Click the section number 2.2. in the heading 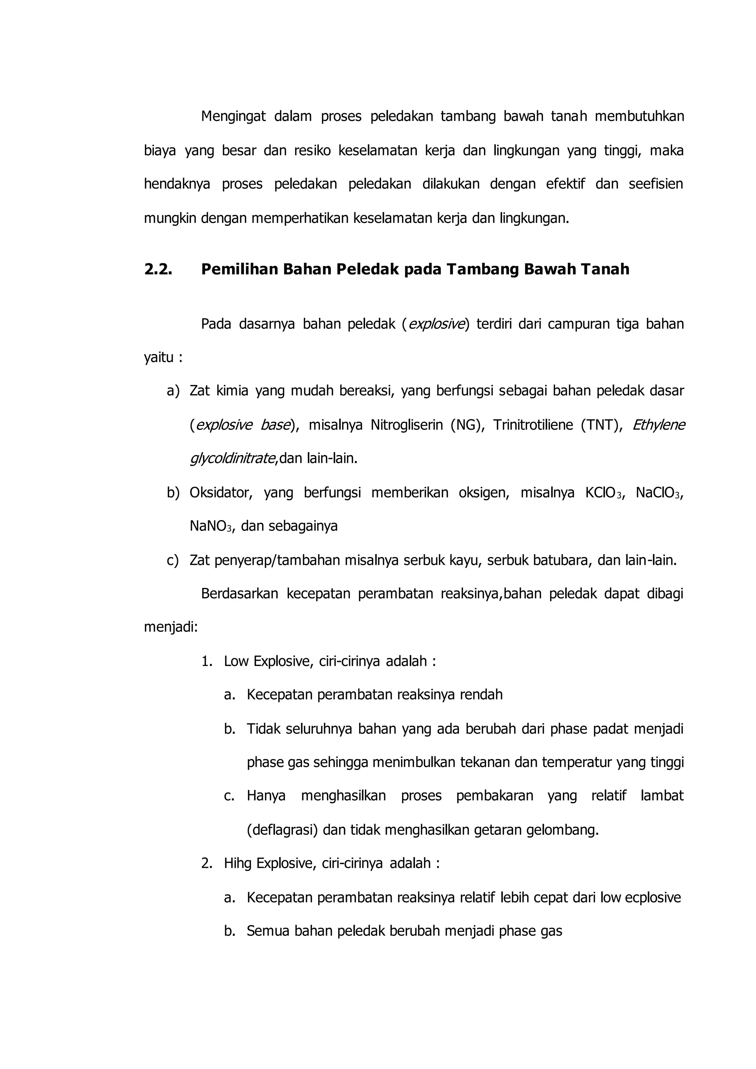click(158, 269)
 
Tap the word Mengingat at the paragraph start click(233, 116)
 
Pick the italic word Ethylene click(658, 425)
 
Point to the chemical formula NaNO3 click(210, 527)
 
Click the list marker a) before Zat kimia click(173, 391)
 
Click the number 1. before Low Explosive click(207, 661)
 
